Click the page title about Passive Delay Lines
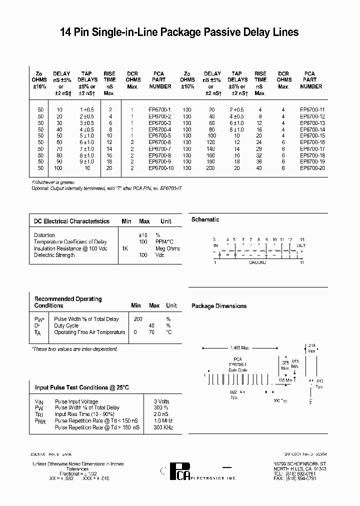coord(179,32)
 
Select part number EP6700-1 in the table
coord(159,109)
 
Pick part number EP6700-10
coord(160,168)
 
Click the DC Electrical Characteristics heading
coord(71,221)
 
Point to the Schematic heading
coord(205,219)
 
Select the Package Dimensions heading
coord(219,306)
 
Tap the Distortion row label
coord(44,235)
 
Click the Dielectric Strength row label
coord(54,255)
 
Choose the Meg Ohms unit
coord(167,248)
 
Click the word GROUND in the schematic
coord(257,262)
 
